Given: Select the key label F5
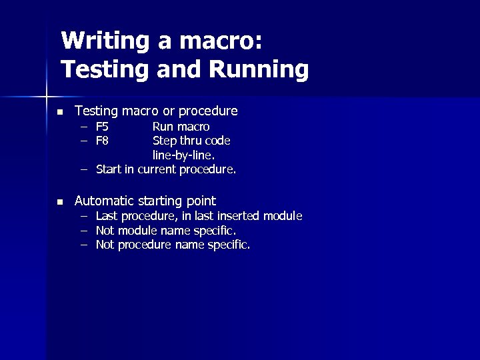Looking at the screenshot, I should (x=103, y=127).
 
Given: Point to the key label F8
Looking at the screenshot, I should (x=103, y=141).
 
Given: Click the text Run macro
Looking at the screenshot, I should (x=181, y=127).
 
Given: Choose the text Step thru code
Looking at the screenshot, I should (x=191, y=141).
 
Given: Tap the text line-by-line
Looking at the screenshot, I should (x=184, y=155).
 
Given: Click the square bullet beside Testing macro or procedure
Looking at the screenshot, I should (x=59, y=111).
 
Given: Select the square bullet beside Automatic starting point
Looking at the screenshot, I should (x=59, y=202).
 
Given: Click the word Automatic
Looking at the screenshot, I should (x=103, y=201).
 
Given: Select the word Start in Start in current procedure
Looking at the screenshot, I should (x=109, y=169).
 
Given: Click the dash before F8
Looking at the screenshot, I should (x=85, y=141).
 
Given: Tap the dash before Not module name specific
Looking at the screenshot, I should (x=85, y=231).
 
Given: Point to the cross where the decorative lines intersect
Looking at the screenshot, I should (x=46, y=96).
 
